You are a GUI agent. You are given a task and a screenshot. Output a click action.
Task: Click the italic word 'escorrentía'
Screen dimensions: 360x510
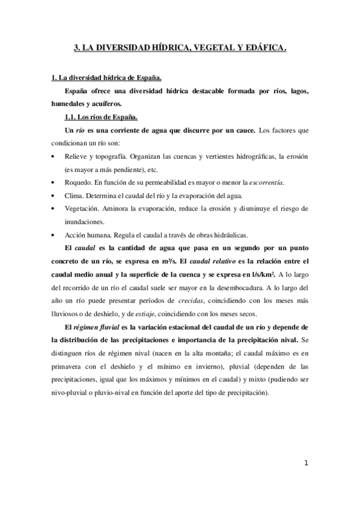[266, 182]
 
